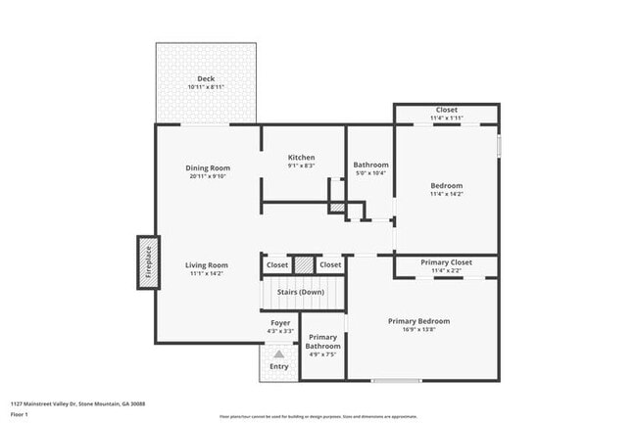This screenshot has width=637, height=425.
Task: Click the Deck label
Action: (206, 78)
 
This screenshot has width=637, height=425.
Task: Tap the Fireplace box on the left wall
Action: (148, 263)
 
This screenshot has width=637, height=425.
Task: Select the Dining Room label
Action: (207, 167)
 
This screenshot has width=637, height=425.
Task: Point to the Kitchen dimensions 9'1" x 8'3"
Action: (301, 165)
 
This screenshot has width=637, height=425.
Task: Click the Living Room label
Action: (207, 264)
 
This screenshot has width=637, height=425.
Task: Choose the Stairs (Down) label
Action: (301, 292)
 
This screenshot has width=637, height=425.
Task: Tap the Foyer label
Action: (280, 322)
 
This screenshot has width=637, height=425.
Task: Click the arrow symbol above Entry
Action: (279, 354)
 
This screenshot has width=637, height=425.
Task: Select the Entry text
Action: (279, 366)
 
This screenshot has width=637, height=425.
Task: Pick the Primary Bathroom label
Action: (322, 341)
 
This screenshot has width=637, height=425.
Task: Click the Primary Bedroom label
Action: (418, 321)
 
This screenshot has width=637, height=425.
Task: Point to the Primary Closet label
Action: (446, 262)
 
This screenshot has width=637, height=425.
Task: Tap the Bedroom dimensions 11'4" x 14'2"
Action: (446, 194)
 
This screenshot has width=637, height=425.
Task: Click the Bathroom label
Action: (370, 165)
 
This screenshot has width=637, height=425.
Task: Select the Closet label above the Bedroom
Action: (446, 110)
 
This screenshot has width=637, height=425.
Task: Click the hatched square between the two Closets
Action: (304, 264)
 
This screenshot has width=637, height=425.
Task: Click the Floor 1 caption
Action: (20, 415)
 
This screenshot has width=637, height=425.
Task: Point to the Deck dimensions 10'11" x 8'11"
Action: (206, 87)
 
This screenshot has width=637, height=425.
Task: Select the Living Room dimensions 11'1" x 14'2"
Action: (207, 274)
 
